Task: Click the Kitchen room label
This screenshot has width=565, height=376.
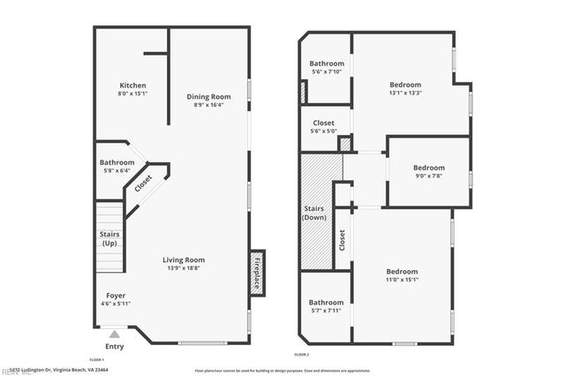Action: coord(133,85)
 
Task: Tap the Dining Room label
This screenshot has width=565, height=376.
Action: coord(208,96)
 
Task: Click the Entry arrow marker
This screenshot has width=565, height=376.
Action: coord(113,335)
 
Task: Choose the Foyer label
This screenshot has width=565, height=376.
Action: coord(116,295)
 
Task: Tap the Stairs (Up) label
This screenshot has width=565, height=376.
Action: coord(109,239)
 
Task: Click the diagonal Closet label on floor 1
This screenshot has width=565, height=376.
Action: coord(143,184)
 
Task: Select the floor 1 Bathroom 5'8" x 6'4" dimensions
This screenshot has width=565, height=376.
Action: coord(117,172)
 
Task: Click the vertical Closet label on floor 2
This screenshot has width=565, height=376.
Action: coord(342,237)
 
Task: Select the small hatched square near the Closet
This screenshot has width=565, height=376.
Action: coord(346,143)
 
